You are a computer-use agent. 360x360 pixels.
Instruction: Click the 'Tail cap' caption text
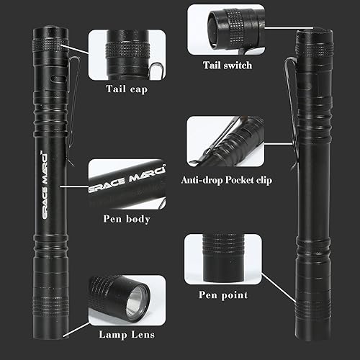(x=126, y=89)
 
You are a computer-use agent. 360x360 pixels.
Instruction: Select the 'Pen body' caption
(x=127, y=219)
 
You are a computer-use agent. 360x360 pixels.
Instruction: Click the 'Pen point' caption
(x=222, y=294)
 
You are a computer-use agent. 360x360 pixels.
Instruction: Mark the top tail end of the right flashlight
(x=312, y=43)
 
